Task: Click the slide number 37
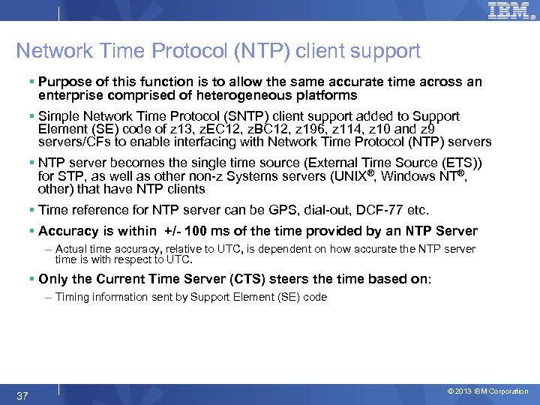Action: click(x=22, y=395)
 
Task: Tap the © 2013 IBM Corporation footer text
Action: click(x=487, y=391)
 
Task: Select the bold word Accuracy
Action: click(x=69, y=231)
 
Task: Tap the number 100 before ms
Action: click(x=198, y=231)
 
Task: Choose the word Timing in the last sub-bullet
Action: click(x=72, y=297)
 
